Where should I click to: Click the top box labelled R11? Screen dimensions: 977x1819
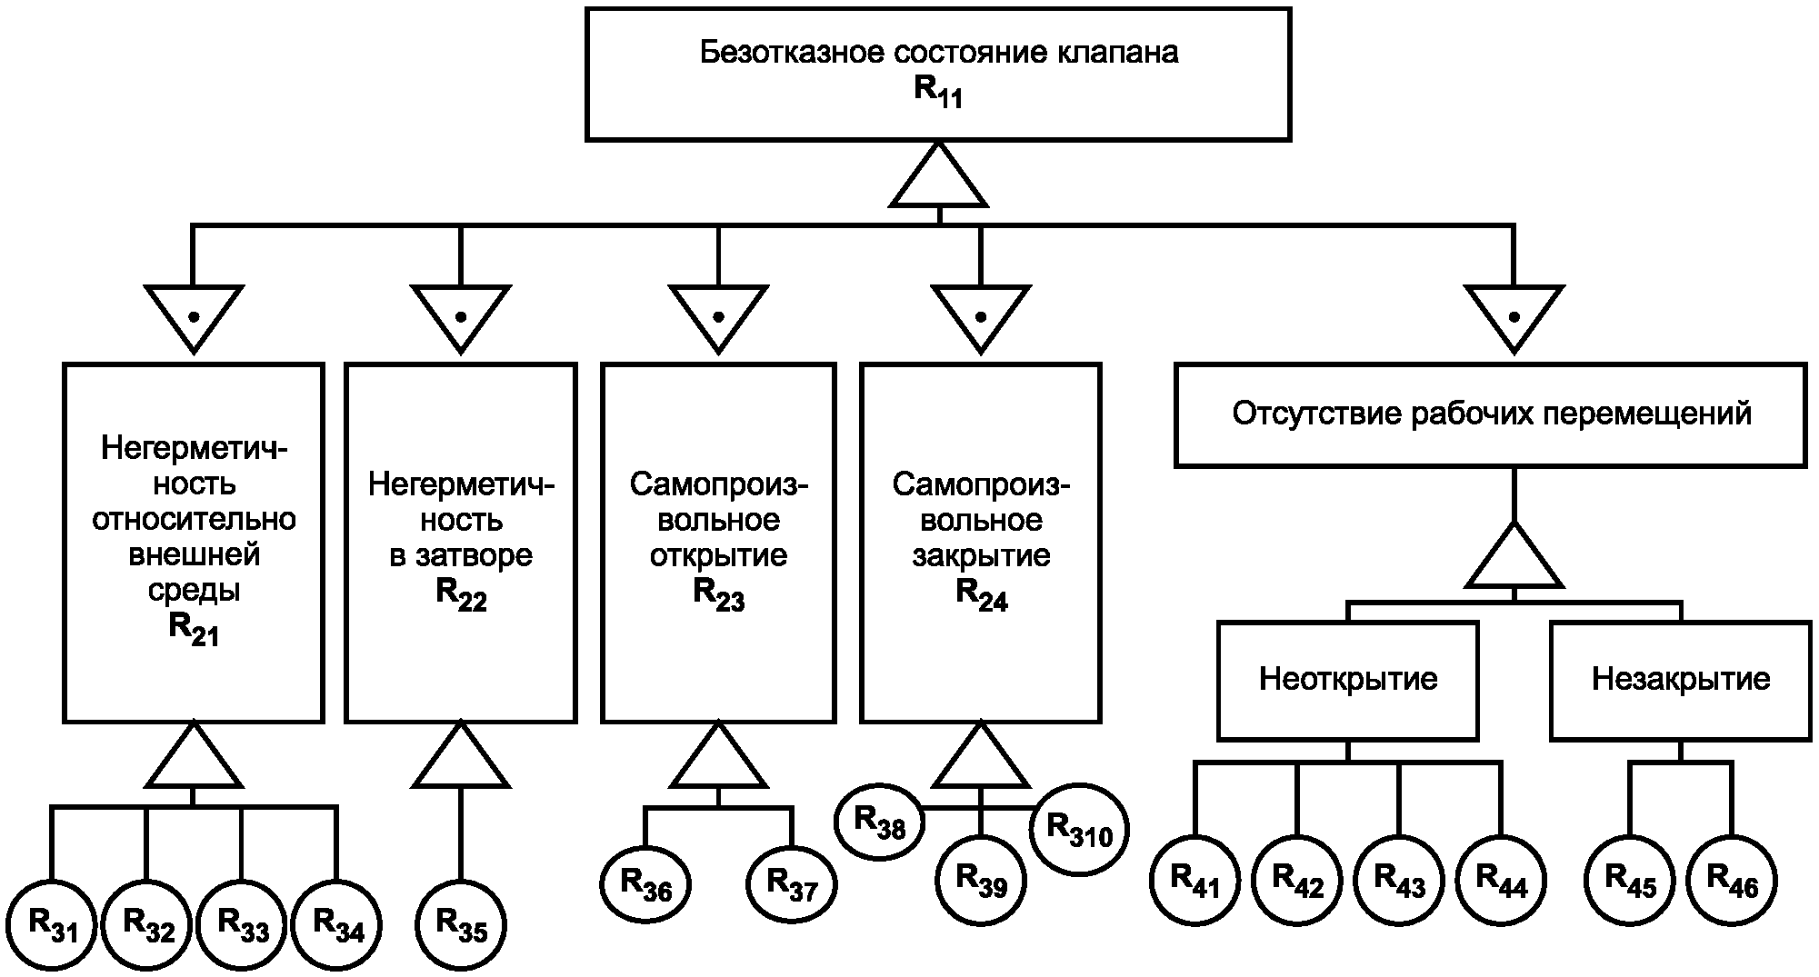(x=938, y=74)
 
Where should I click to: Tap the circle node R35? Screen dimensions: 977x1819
(x=461, y=925)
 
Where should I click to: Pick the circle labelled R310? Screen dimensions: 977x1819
(x=1079, y=829)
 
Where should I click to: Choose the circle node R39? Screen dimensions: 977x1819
(x=982, y=879)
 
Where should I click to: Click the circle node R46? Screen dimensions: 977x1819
(x=1732, y=879)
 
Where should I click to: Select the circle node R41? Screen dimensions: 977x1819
(x=1194, y=879)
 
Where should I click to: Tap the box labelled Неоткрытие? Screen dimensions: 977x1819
(x=1347, y=680)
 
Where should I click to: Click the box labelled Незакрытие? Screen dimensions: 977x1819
(x=1680, y=680)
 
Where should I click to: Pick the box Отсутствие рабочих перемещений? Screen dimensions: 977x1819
(x=1490, y=414)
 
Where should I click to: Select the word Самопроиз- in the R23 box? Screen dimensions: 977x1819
(x=718, y=484)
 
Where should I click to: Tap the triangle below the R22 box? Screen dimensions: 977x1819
(x=461, y=759)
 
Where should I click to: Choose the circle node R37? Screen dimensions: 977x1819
(x=792, y=883)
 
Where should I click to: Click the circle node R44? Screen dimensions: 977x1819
(x=1501, y=879)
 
